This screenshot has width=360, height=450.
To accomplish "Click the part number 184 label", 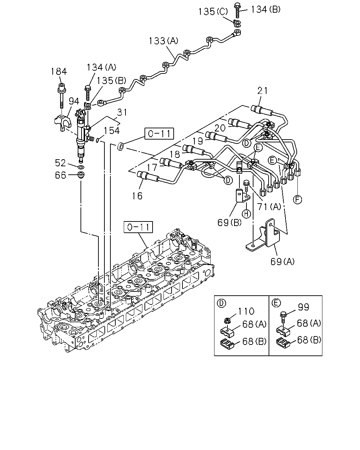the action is point(59,72).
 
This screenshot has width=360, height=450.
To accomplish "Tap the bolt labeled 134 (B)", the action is point(237,10).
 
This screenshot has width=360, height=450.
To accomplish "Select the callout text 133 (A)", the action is point(163,41).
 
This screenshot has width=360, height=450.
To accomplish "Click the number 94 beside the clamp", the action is point(74,101).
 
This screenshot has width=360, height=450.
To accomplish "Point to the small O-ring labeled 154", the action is point(98,140).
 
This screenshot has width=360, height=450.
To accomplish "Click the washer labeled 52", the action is point(81,167).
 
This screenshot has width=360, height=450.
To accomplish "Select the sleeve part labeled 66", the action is point(81,175).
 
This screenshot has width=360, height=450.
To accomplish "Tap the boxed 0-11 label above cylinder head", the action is point(138,227).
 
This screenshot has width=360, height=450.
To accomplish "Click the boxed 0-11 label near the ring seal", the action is point(159,133).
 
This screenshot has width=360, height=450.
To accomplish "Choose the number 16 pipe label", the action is point(137,196).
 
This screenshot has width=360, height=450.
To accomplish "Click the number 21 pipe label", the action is point(263,91).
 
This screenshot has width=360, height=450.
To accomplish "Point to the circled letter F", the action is point(297,199).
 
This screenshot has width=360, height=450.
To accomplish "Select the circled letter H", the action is point(246,214).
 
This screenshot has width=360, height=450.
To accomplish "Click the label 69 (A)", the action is point(282,262).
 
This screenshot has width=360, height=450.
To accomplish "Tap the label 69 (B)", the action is point(230,223).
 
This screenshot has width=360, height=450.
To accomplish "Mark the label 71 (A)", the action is point(269,207).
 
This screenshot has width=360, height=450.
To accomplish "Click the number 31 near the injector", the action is point(122,112).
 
